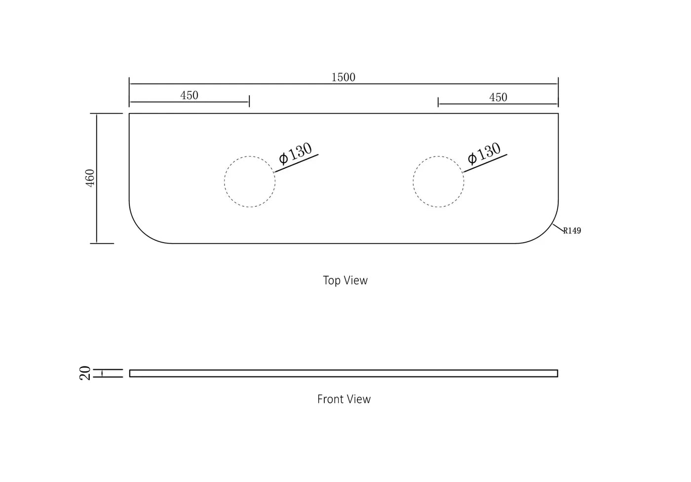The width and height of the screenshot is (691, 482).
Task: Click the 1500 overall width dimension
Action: [344, 77]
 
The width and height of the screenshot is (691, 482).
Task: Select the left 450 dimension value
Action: [189, 95]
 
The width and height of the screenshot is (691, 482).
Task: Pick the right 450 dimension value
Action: [498, 98]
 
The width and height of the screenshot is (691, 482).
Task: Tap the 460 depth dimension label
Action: [90, 178]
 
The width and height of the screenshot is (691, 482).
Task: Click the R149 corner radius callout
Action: [572, 231]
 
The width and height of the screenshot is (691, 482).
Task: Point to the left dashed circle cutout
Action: [225, 182]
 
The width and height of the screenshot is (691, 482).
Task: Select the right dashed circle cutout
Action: [414, 182]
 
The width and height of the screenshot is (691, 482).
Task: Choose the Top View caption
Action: [345, 280]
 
